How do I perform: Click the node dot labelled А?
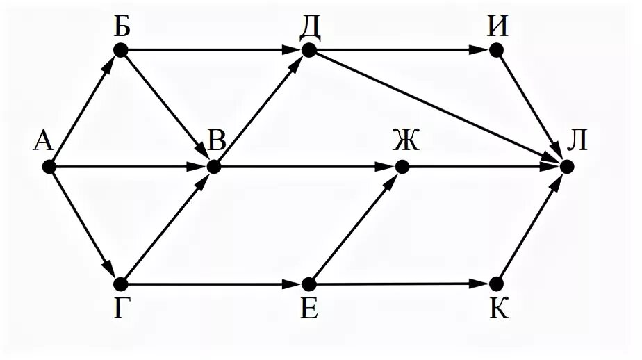pos(49,167)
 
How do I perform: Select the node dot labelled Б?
pos(121,50)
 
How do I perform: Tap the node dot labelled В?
pos(213,167)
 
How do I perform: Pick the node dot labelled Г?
pos(121,284)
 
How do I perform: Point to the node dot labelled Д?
pos(309,50)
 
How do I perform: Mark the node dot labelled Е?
pos(309,284)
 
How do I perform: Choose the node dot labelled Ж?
pos(401,167)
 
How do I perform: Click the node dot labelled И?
pos(495,50)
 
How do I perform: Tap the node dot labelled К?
pos(495,284)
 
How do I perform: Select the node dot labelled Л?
pos(567,167)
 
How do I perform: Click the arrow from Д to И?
pos(402,50)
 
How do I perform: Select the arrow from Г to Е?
pos(215,284)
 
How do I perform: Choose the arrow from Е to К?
pos(402,284)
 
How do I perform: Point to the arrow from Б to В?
pos(167,108)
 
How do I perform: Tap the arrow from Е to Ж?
pos(355,225)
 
